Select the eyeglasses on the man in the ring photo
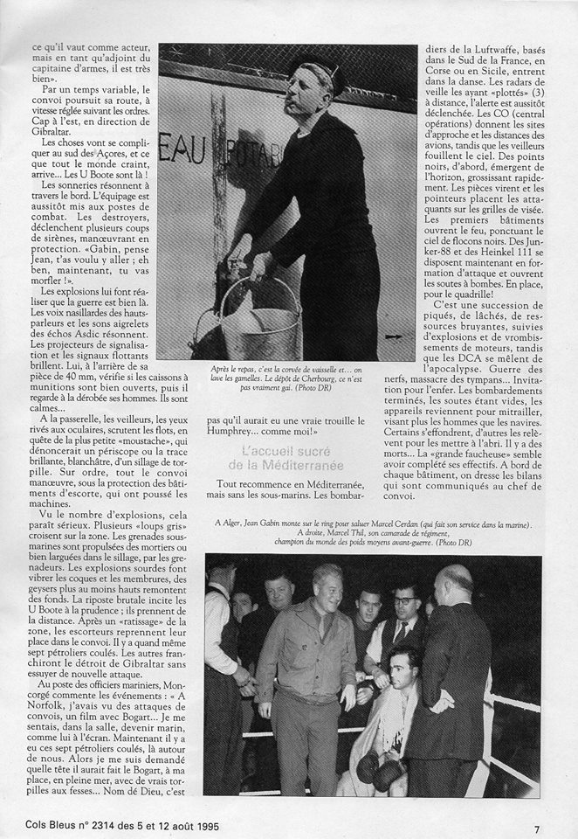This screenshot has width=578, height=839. [x=404, y=600]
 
